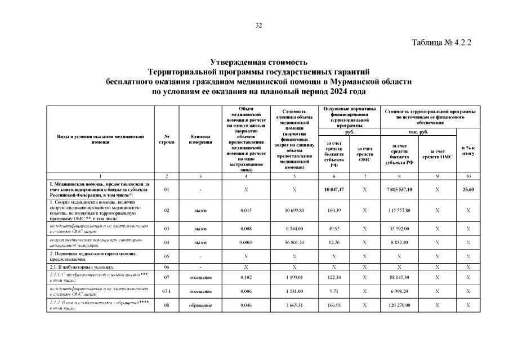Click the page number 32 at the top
click(x=259, y=25)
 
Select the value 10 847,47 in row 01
click(x=334, y=189)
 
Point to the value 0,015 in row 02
click(x=246, y=210)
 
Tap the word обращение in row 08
click(x=200, y=305)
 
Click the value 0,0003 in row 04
click(x=246, y=242)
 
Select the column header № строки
click(x=166, y=139)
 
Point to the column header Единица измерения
click(x=200, y=139)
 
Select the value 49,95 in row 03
click(x=334, y=229)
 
